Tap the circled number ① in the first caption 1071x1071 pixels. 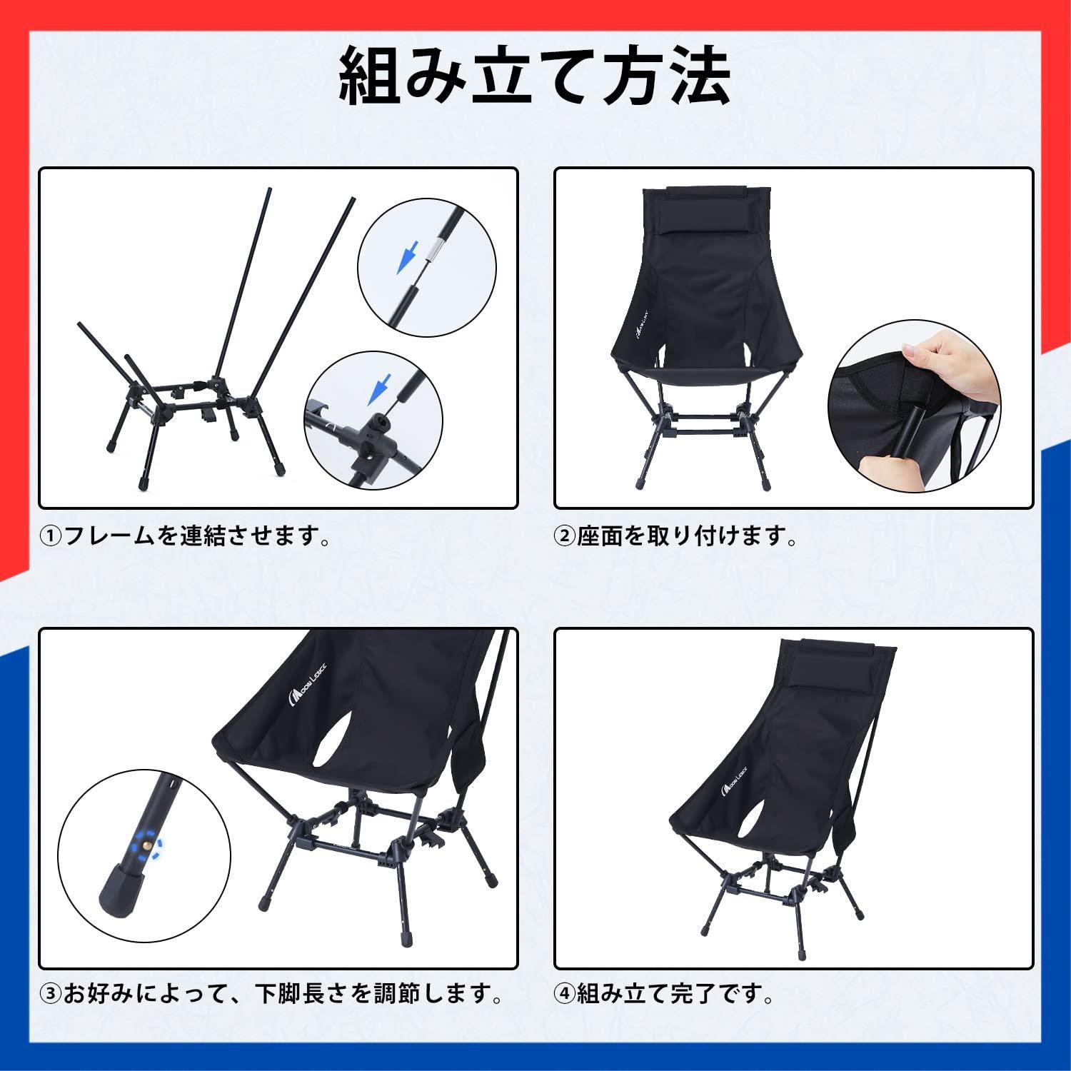(51, 535)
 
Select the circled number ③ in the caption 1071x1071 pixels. (51, 993)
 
